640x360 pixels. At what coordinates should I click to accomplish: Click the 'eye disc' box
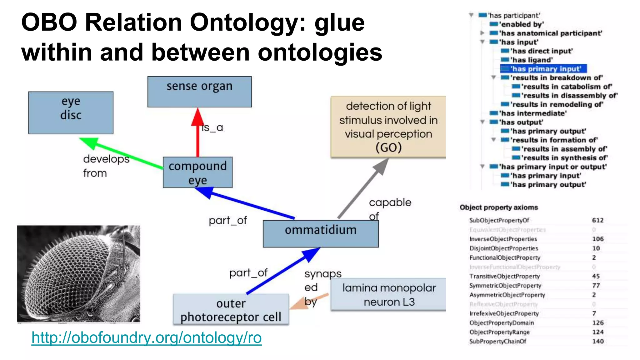[71, 112]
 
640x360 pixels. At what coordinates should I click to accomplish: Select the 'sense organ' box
[199, 91]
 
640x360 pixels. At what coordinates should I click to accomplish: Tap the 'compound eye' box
[197, 172]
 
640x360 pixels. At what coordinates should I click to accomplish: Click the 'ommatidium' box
[321, 233]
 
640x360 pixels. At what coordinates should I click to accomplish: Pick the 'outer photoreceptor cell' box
[231, 310]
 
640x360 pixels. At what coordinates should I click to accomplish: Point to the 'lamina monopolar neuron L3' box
[388, 294]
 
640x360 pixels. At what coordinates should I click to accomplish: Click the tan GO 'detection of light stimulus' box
[388, 127]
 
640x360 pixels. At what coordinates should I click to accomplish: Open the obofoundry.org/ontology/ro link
[147, 338]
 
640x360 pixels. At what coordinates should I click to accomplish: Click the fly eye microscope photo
[78, 274]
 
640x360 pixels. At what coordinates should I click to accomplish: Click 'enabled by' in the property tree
[521, 24]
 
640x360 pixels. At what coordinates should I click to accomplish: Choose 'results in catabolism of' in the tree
[567, 87]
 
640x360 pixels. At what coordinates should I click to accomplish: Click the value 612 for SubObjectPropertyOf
[597, 220]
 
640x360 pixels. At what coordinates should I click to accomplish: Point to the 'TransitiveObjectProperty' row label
[504, 276]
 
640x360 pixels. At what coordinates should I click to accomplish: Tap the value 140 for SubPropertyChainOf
[597, 342]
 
